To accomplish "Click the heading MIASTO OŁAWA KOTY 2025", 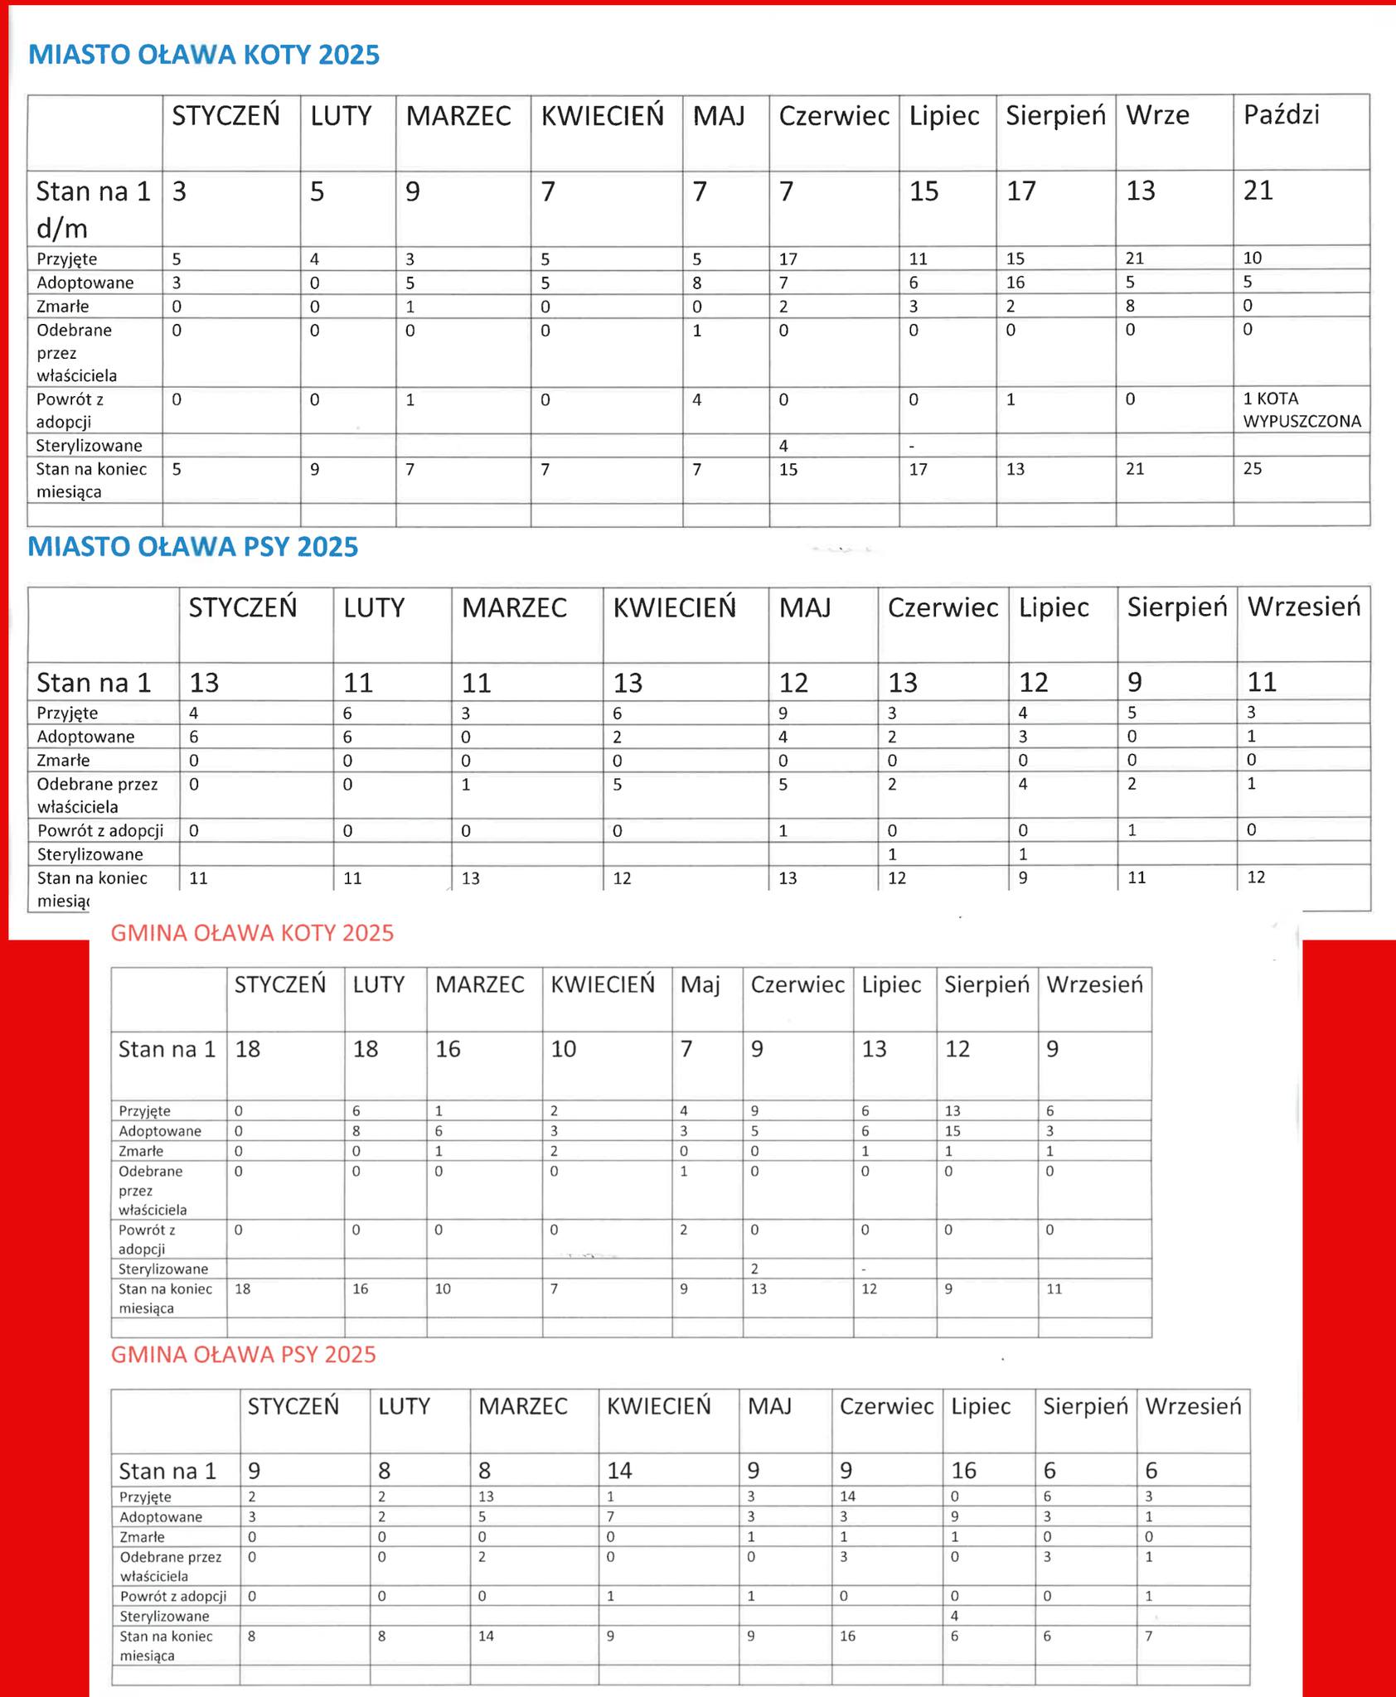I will [x=204, y=55].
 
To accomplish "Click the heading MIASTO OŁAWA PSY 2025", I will [x=193, y=547].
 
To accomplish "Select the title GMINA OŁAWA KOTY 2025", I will [x=252, y=933].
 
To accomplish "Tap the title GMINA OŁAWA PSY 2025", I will [x=243, y=1354].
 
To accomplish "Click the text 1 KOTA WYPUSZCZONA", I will [x=1301, y=409].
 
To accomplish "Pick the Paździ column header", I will [x=1281, y=115].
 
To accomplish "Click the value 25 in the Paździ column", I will [x=1253, y=468].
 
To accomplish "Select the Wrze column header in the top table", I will [x=1157, y=115].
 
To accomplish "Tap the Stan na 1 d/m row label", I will [x=93, y=209].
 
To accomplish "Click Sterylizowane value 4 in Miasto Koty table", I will [x=783, y=446].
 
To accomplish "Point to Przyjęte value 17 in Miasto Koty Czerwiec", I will [x=788, y=259].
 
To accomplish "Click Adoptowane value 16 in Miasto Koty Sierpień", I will [x=1015, y=283].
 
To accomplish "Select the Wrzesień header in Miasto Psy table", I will [x=1304, y=607].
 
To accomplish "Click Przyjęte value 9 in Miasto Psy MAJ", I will [x=783, y=713].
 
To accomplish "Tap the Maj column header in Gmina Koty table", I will [x=700, y=984].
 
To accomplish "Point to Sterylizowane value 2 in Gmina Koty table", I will [x=754, y=1269].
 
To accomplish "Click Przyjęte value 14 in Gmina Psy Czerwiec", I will [x=847, y=1496].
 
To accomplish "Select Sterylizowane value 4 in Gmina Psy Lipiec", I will [x=955, y=1615].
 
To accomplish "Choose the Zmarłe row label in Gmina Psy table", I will [x=142, y=1537].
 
